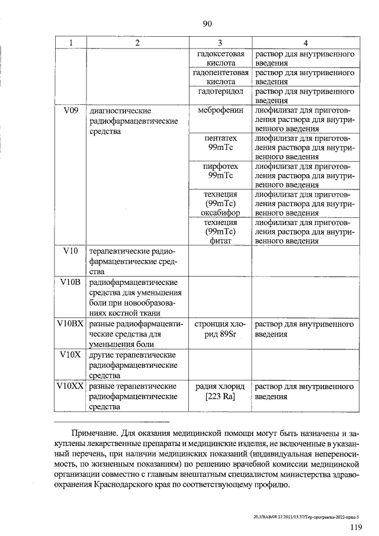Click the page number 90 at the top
207,24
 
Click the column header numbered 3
219,43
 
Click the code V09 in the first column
70,111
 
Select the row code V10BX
70,325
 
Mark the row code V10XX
70,386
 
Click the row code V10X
70,355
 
